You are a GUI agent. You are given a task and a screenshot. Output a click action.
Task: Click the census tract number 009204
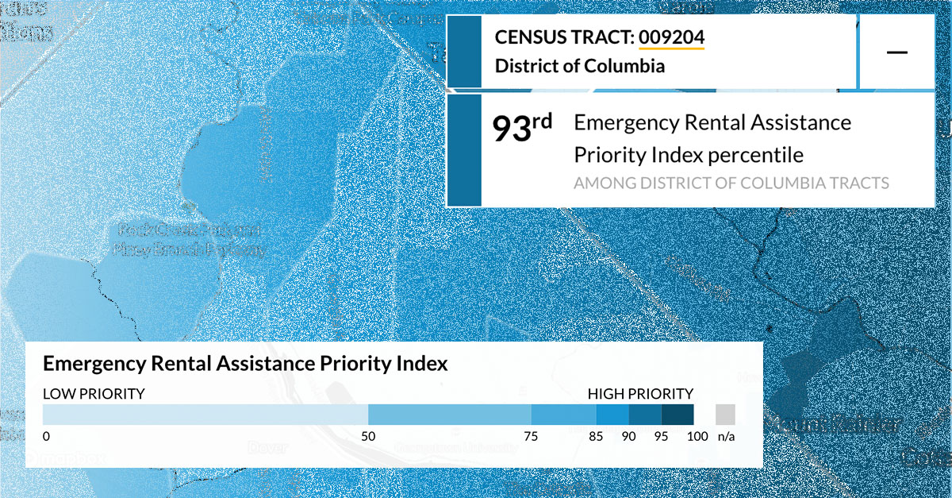[x=671, y=37]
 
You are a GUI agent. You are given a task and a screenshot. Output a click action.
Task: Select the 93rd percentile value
[x=522, y=129]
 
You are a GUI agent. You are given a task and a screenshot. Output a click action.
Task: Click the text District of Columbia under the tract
[x=579, y=66]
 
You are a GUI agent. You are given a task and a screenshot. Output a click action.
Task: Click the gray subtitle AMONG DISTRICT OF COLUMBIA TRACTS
[x=731, y=183]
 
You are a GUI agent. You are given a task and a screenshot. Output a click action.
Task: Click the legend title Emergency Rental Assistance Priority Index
[x=245, y=364]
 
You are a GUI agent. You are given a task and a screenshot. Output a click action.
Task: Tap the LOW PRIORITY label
[x=94, y=393]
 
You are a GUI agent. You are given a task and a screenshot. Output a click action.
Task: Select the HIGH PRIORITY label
[x=640, y=393]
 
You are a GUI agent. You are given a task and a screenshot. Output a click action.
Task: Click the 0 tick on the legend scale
[x=47, y=436]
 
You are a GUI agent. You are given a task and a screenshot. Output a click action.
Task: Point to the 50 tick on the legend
[x=368, y=436]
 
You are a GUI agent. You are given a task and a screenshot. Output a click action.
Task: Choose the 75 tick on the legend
[x=531, y=436]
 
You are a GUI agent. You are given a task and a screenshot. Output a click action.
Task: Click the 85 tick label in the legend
[x=596, y=436]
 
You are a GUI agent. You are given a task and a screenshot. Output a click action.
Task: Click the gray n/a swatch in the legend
[x=725, y=415]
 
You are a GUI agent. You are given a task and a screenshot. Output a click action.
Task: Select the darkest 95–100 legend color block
[x=678, y=415]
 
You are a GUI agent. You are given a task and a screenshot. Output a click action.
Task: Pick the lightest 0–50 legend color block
[x=205, y=415]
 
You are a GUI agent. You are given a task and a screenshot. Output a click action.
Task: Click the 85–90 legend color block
[x=612, y=415]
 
